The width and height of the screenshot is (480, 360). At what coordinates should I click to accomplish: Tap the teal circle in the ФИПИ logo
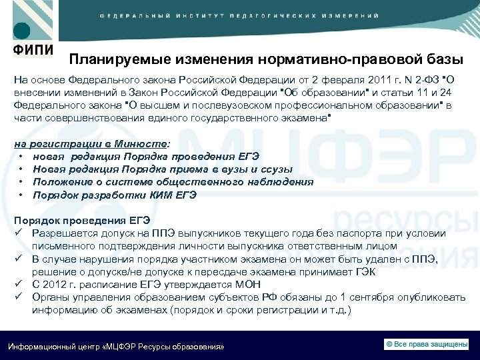click(x=21, y=30)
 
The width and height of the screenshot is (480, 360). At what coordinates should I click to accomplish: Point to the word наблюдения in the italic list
click(x=278, y=181)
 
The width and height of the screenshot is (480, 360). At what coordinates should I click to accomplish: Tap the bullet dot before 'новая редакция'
click(x=22, y=156)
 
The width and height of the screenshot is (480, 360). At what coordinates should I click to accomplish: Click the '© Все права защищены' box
click(x=427, y=344)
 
